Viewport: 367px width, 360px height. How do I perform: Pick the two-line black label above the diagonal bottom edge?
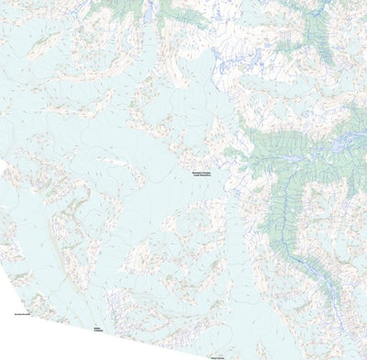point(97,329)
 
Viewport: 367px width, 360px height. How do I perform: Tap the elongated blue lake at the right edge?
point(352,142)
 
